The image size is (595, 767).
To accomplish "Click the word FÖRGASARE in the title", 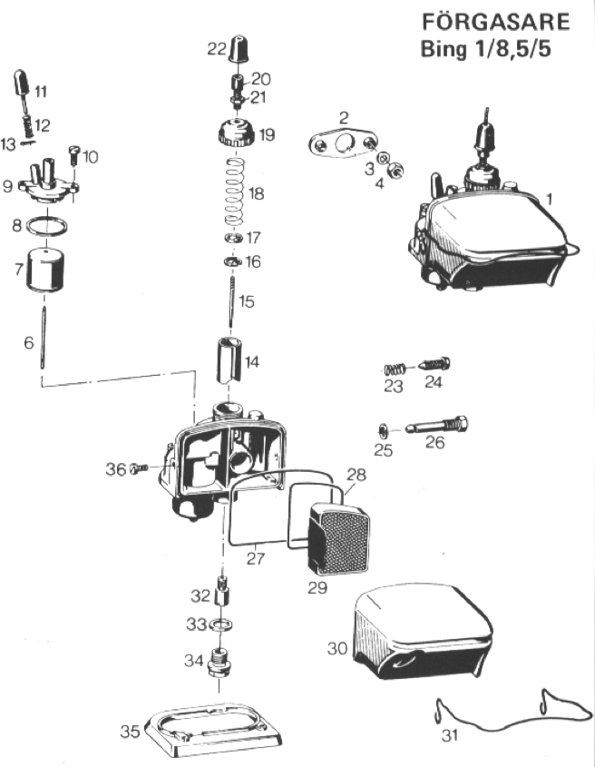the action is point(496,22).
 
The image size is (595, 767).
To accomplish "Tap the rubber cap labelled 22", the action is point(239,48).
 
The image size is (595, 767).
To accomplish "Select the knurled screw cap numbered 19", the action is point(236,133).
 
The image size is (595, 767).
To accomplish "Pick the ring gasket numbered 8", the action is point(46,226).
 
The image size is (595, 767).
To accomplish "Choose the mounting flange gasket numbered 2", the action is point(343,143).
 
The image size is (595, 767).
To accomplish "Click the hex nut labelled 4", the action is point(395,170).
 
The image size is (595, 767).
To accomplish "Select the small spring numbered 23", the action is point(395,369).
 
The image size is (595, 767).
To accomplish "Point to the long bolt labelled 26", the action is point(436,426).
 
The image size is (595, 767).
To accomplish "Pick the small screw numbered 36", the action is point(139,469).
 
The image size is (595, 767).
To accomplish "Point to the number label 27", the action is point(256,558).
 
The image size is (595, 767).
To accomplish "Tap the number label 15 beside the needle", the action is point(247,301).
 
